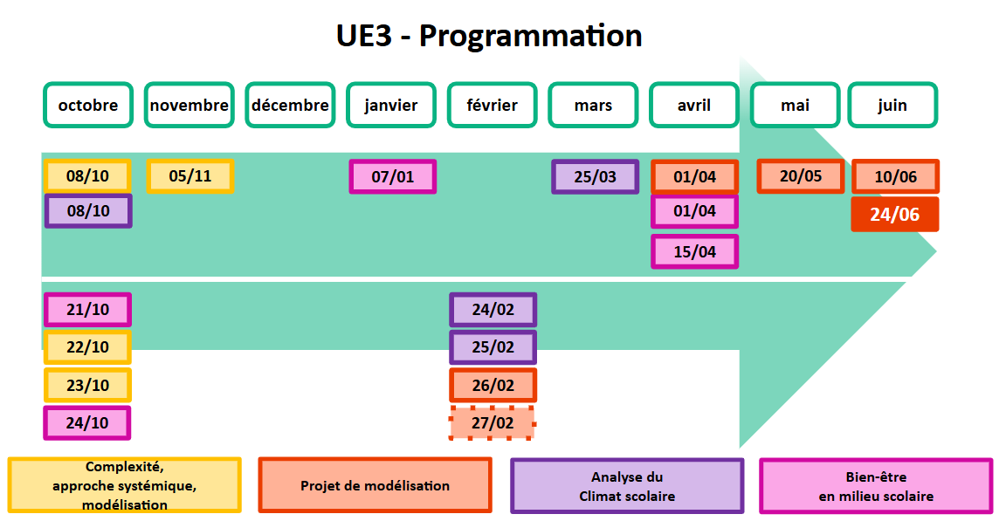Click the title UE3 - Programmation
[x=489, y=36]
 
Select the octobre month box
[x=88, y=106]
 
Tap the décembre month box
[x=290, y=106]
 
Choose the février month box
[x=493, y=106]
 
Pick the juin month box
[x=892, y=106]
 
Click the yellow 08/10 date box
[x=87, y=176]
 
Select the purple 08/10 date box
[x=88, y=211]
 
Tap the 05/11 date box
[x=190, y=176]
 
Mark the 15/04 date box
[x=695, y=252]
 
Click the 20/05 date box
[x=801, y=176]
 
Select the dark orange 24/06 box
[x=895, y=215]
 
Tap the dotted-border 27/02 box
[x=493, y=423]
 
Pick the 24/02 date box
[x=493, y=310]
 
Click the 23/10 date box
[x=87, y=385]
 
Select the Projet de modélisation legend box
[x=375, y=485]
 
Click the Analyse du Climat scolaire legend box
[x=627, y=486]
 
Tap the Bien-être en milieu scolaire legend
[x=876, y=486]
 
